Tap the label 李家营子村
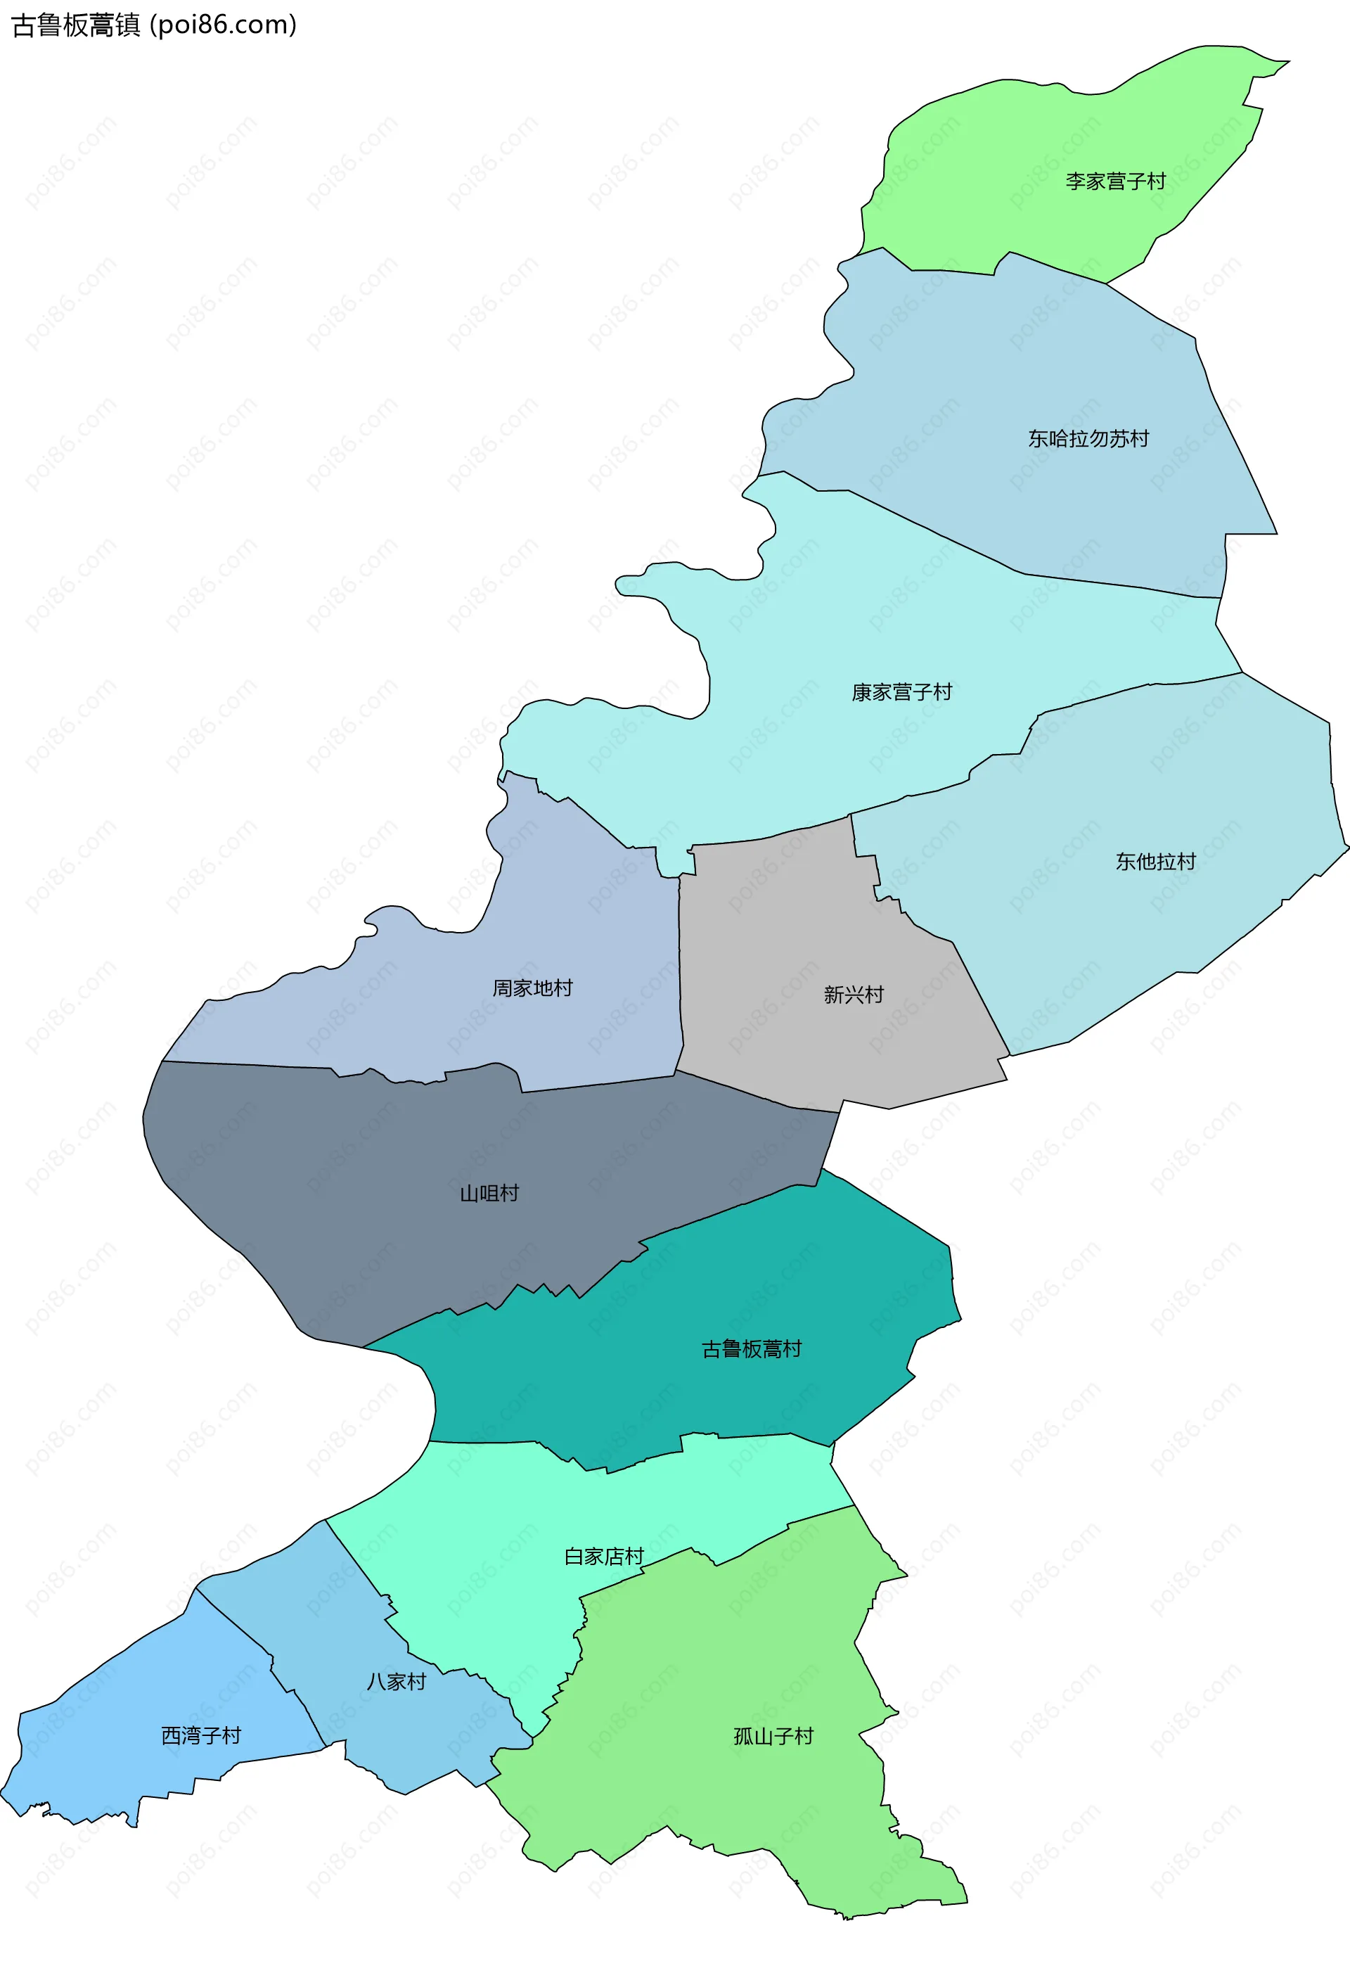click(1115, 181)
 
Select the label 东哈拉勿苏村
click(1088, 438)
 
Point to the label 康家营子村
click(901, 692)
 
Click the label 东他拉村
click(1155, 861)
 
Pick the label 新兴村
click(854, 995)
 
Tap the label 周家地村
click(533, 988)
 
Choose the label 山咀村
click(489, 1194)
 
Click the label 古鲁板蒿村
click(751, 1349)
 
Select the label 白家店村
click(604, 1557)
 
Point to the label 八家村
click(396, 1682)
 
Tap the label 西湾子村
click(201, 1736)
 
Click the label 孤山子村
click(773, 1737)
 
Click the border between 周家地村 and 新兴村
click(679, 973)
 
